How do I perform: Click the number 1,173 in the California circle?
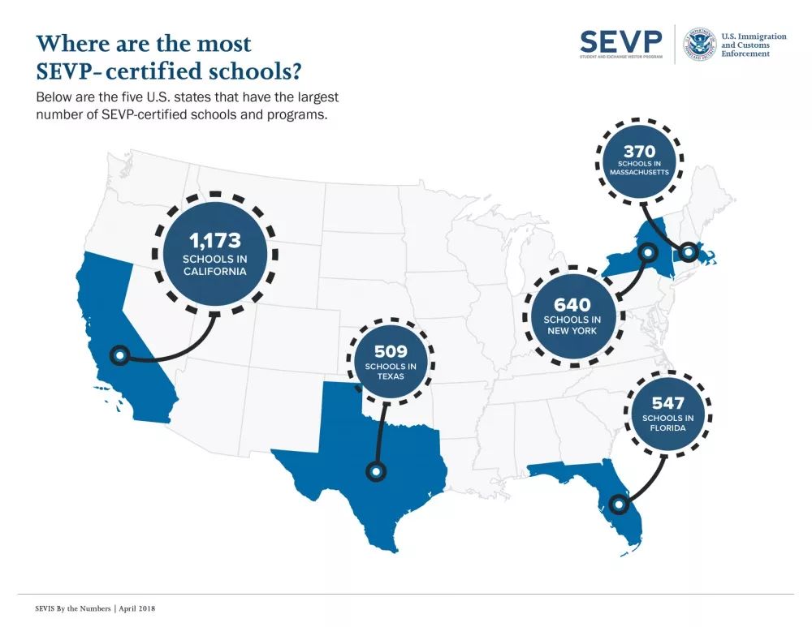[215, 240]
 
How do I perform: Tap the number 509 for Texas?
[391, 351]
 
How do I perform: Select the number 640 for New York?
[572, 305]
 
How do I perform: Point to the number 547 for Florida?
[667, 403]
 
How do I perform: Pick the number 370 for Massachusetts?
[639, 152]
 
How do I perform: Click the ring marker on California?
[120, 354]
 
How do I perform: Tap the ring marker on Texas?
[376, 470]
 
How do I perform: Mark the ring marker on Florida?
[619, 505]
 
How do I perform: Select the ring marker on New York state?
[647, 252]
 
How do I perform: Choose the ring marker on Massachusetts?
[689, 252]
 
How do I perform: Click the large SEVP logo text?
[621, 40]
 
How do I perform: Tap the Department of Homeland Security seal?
[698, 45]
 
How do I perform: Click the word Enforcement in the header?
[745, 54]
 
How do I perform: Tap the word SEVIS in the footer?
[47, 608]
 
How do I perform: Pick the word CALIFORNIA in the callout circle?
[215, 272]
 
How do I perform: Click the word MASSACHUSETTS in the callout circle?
[639, 172]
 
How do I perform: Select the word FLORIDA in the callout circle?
[667, 428]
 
